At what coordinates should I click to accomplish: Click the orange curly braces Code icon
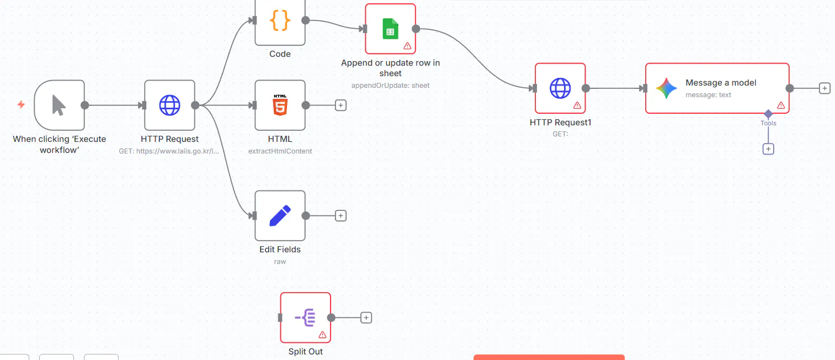pyautogui.click(x=280, y=20)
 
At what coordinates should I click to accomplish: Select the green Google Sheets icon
pyautogui.click(x=390, y=29)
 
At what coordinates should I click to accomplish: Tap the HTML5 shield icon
pyautogui.click(x=280, y=105)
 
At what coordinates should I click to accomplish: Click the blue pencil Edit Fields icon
pyautogui.click(x=280, y=216)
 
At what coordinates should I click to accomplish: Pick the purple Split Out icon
pyautogui.click(x=305, y=317)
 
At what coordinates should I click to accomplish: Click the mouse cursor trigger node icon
pyautogui.click(x=59, y=105)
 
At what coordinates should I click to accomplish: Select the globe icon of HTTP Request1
pyautogui.click(x=560, y=88)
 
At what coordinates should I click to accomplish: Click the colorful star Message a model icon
pyautogui.click(x=667, y=88)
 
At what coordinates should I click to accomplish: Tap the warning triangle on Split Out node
pyautogui.click(x=322, y=335)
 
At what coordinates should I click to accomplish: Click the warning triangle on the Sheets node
pyautogui.click(x=407, y=46)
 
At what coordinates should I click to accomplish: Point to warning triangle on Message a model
pyautogui.click(x=781, y=105)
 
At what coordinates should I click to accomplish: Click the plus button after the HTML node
pyautogui.click(x=341, y=105)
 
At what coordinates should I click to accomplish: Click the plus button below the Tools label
pyautogui.click(x=768, y=149)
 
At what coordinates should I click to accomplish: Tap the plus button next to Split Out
pyautogui.click(x=366, y=318)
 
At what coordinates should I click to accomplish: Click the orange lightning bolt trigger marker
pyautogui.click(x=22, y=105)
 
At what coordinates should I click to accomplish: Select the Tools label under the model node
pyautogui.click(x=768, y=123)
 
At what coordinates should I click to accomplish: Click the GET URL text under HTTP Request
pyautogui.click(x=169, y=151)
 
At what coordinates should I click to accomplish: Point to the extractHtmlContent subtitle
pyautogui.click(x=280, y=151)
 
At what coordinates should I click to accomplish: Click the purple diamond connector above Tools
pyautogui.click(x=768, y=113)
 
